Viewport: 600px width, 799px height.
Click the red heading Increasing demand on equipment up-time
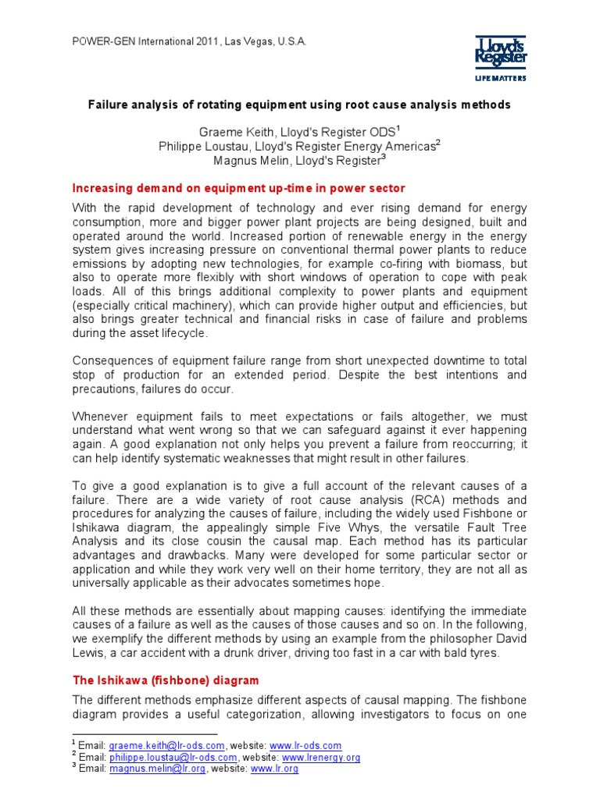[x=239, y=188]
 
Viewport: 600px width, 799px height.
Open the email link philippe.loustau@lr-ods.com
[x=173, y=757]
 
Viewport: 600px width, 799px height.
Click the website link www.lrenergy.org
[x=320, y=757]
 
